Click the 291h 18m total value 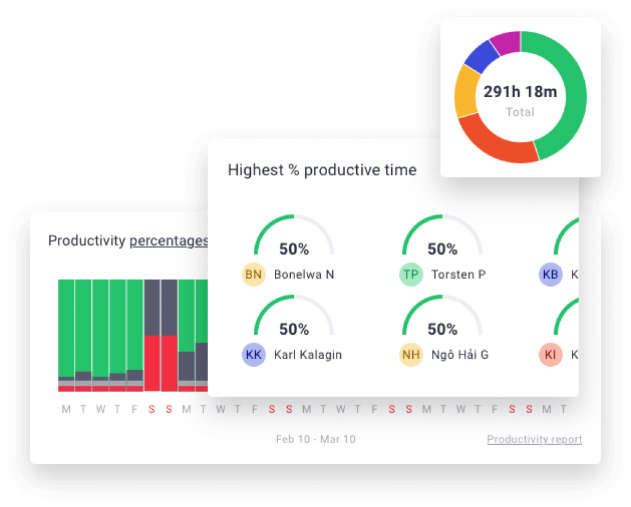point(520,92)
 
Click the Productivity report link point(534,439)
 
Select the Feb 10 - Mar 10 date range point(315,439)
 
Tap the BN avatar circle point(253,274)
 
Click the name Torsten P point(458,274)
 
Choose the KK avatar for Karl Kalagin point(253,354)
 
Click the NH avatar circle point(411,354)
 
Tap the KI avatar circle point(550,354)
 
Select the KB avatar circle point(550,274)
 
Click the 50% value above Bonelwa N point(294,249)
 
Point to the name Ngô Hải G point(460,354)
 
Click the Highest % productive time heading point(322,170)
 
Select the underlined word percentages point(168,241)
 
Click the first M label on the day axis point(67,409)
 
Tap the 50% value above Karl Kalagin point(294,329)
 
